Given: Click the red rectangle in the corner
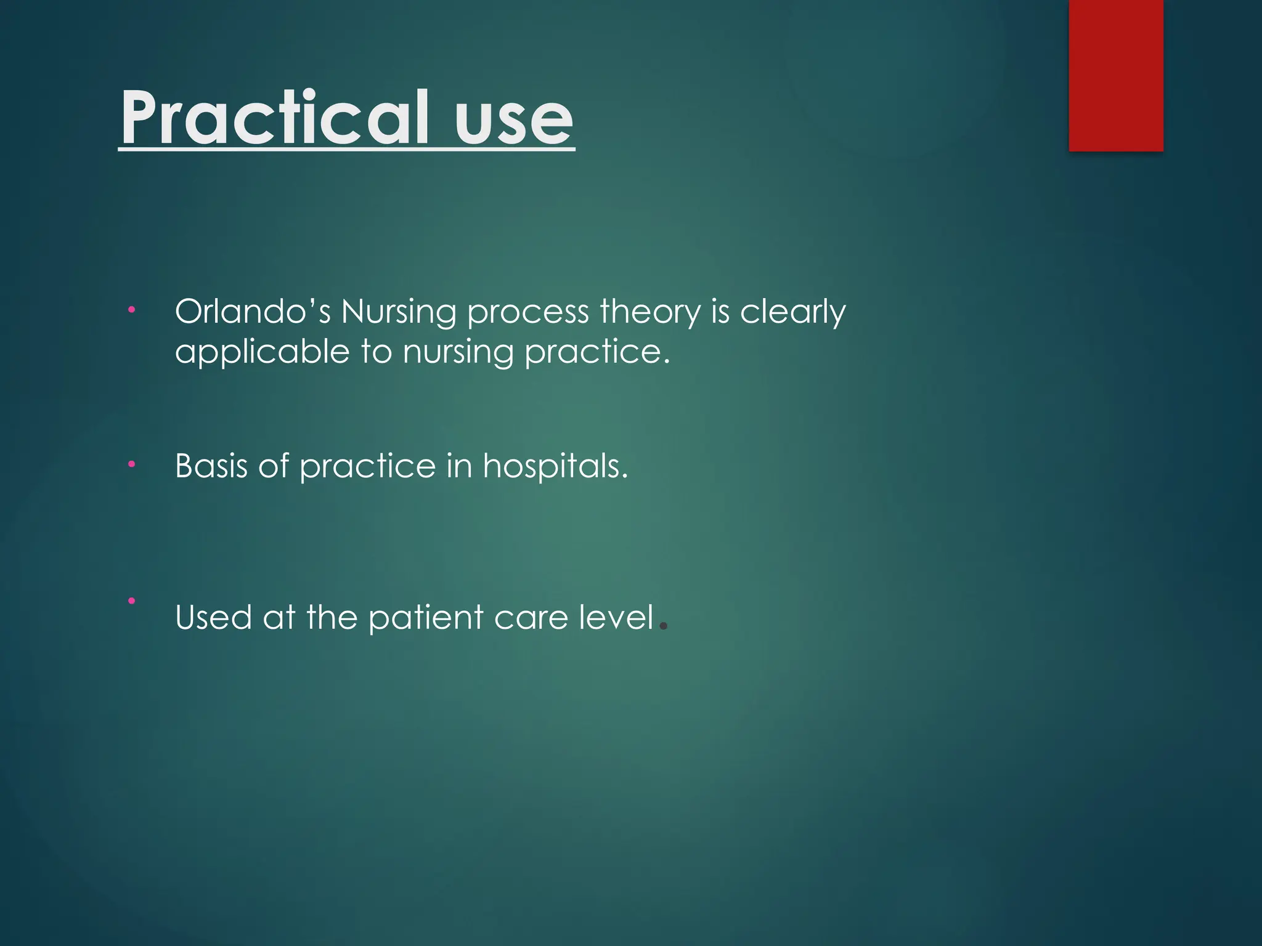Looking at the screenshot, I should tap(1115, 75).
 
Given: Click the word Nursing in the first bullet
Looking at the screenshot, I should tap(398, 313).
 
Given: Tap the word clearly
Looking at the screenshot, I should tap(792, 313).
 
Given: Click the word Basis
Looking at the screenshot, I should tap(211, 466).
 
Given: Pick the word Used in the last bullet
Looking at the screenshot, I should tap(213, 618).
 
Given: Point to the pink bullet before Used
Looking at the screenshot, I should tap(131, 600).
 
